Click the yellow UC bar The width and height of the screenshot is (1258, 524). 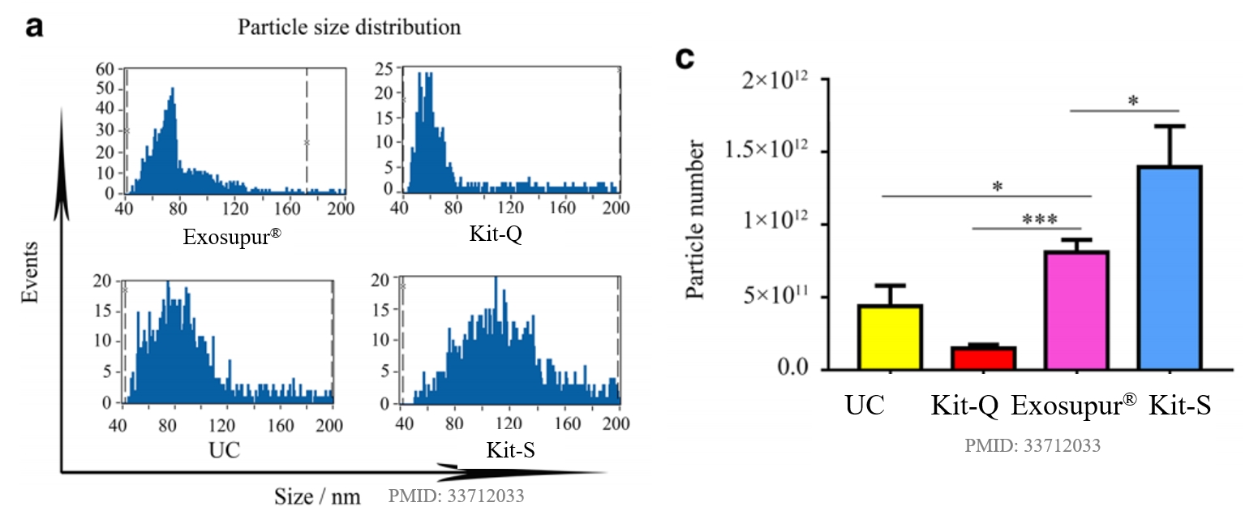pos(890,337)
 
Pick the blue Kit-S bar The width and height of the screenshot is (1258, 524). pos(1169,268)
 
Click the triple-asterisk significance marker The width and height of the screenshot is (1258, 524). pos(1026,220)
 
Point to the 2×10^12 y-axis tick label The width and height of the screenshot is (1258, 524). pos(778,80)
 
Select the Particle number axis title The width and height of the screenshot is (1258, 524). pos(696,220)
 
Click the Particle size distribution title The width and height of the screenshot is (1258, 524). pos(349,27)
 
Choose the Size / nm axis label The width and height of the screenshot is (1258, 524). pos(316,496)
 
